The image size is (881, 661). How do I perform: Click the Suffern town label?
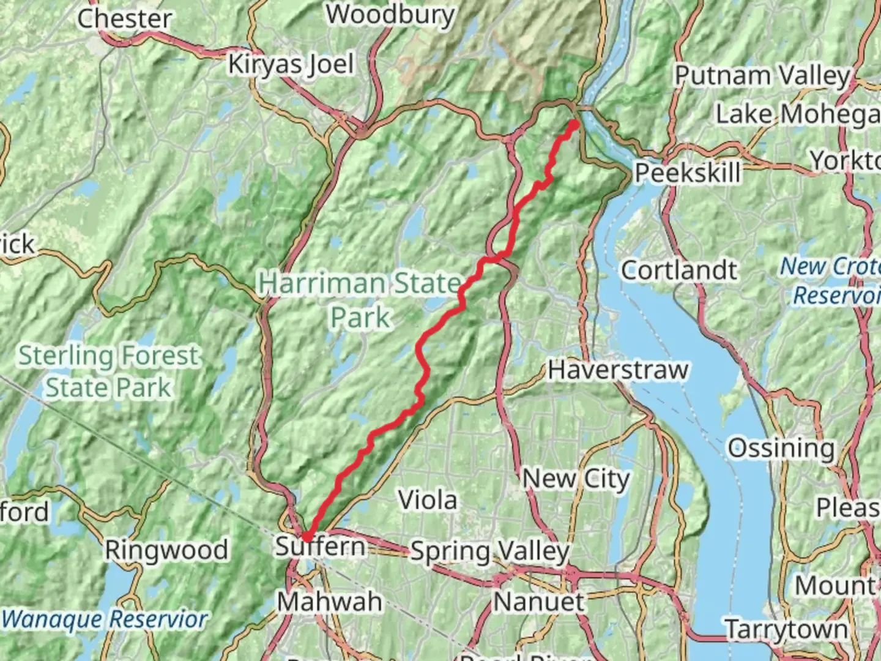click(x=320, y=545)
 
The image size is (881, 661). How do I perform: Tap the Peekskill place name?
click(x=687, y=173)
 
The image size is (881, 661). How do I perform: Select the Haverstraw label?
click(x=618, y=370)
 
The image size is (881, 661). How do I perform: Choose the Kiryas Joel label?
click(x=291, y=64)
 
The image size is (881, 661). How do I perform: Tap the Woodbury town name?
click(x=390, y=15)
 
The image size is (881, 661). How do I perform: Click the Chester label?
click(x=124, y=18)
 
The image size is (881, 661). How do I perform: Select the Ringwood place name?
click(x=166, y=550)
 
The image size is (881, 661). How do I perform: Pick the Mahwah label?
click(x=330, y=601)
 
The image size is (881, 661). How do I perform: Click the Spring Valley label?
click(x=489, y=551)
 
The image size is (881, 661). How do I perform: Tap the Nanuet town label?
click(x=538, y=601)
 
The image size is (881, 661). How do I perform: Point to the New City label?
click(x=575, y=479)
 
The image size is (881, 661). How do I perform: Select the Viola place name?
click(x=428, y=500)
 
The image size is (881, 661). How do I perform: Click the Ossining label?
click(x=781, y=448)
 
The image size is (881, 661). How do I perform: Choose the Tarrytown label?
click(x=786, y=629)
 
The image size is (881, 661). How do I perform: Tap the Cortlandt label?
click(x=679, y=270)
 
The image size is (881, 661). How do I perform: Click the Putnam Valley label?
click(x=762, y=76)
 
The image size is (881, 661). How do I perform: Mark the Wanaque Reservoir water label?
click(x=105, y=619)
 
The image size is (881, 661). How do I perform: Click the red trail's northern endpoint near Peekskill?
click(x=574, y=124)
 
